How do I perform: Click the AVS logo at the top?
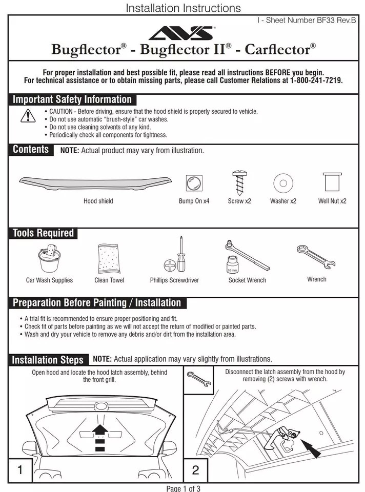click(182, 33)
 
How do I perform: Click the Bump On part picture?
click(194, 182)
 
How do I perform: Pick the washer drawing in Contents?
click(282, 182)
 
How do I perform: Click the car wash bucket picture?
click(49, 259)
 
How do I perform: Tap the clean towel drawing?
click(109, 259)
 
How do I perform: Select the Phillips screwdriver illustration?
click(175, 256)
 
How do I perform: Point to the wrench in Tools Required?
click(316, 256)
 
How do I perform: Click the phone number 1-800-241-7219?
click(316, 81)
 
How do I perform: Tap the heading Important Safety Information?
click(72, 99)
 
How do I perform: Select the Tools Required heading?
click(43, 233)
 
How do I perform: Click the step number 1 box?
click(20, 470)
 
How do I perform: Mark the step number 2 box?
click(195, 470)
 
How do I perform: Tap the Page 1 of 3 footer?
click(183, 488)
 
